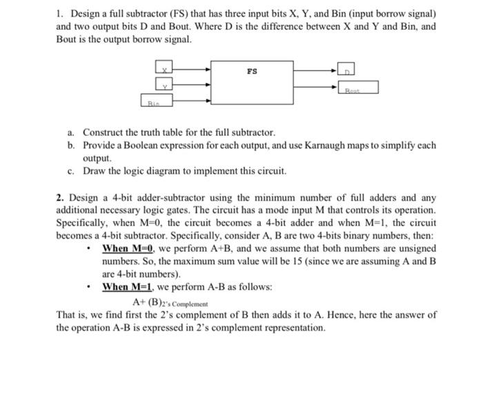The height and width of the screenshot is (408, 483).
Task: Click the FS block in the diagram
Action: click(x=252, y=84)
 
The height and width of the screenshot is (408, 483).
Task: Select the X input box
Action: click(x=166, y=69)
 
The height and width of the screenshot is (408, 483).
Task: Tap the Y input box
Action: click(x=165, y=86)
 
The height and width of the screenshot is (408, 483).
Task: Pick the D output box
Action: click(x=347, y=69)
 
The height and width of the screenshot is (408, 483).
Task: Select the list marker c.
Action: click(x=70, y=170)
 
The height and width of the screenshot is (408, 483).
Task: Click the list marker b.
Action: click(x=70, y=145)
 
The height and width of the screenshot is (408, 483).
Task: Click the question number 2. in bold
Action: click(x=60, y=198)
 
